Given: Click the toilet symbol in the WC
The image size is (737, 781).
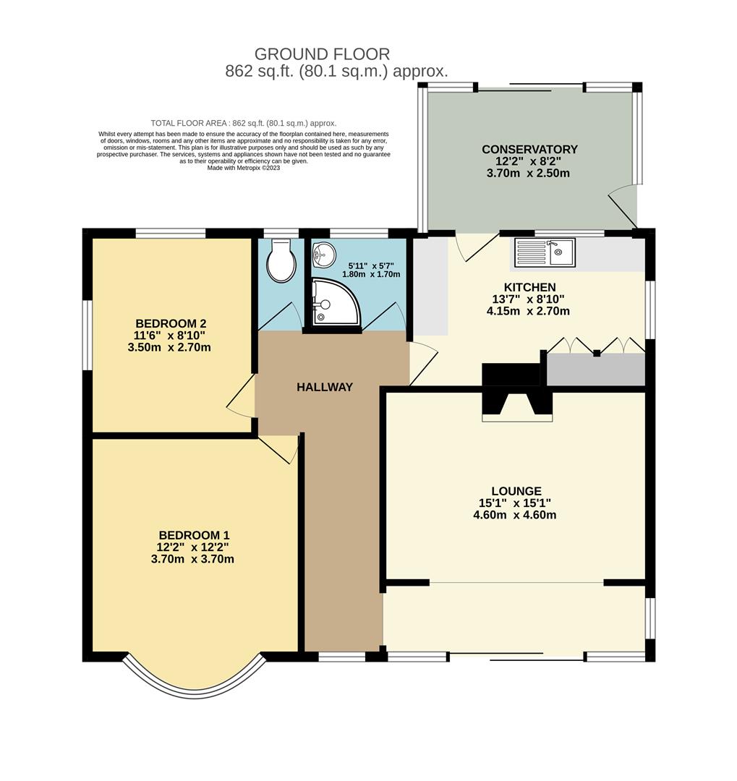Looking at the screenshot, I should pos(281,263).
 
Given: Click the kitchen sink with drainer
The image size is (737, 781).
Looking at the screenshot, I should pos(545,252).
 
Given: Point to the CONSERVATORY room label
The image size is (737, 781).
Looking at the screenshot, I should pos(530,150).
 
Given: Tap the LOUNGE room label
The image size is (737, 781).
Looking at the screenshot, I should pos(514,491).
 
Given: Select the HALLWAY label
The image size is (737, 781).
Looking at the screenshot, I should pos(325,387).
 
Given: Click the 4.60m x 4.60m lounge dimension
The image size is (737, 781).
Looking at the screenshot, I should pos(514,515).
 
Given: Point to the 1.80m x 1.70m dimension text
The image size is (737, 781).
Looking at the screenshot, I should pos(371,274).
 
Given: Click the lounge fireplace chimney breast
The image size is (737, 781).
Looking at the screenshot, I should pos(518,405).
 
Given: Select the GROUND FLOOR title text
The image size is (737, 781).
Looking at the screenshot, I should pos(323,54).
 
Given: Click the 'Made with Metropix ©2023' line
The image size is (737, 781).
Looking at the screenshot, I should pos(244,168).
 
